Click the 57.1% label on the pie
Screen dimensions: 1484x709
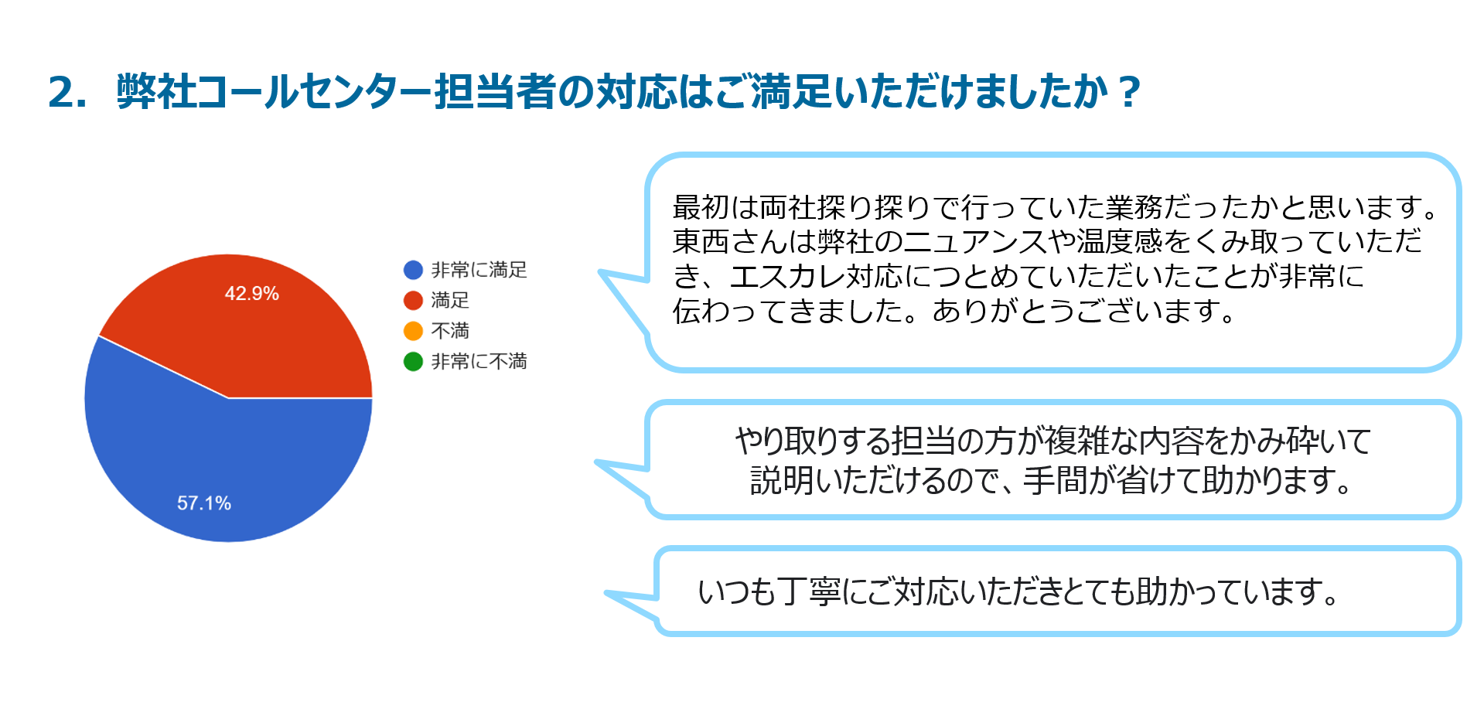click(204, 503)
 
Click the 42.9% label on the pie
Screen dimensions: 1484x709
click(251, 294)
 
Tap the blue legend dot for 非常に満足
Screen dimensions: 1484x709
click(413, 270)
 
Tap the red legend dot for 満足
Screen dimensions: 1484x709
click(413, 300)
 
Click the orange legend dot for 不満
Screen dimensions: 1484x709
click(413, 331)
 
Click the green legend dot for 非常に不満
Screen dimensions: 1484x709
click(413, 361)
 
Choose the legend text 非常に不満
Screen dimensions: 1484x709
click(479, 361)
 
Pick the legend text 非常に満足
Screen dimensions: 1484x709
click(479, 270)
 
